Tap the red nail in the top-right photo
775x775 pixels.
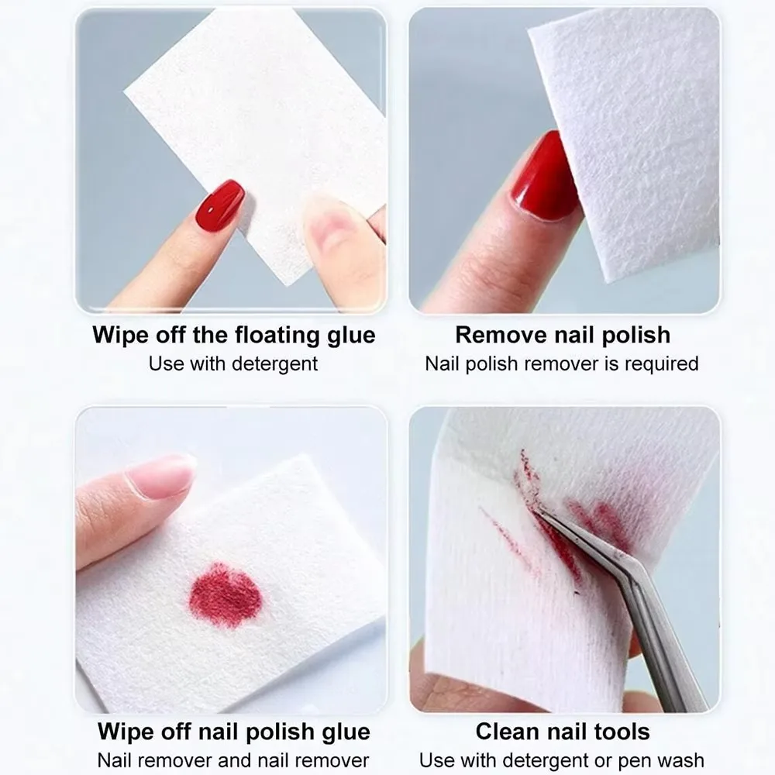[545, 177]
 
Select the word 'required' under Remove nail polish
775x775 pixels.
[663, 363]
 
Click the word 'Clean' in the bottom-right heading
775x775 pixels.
[508, 731]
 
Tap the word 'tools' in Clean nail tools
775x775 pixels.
[619, 731]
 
